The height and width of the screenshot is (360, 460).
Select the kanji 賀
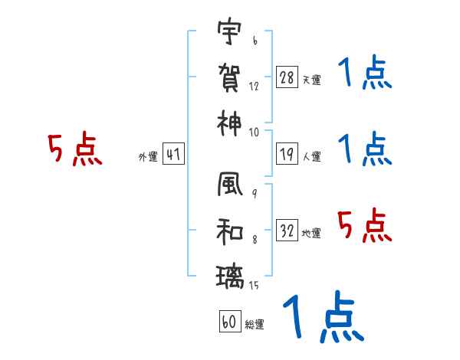(230, 77)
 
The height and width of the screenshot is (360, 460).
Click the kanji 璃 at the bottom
(230, 274)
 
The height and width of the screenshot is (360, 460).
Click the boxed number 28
(287, 77)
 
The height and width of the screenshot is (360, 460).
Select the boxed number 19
(287, 155)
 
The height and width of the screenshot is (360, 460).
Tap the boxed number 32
(287, 230)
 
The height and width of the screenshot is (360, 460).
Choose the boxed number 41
(174, 155)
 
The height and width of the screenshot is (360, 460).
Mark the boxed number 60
(229, 322)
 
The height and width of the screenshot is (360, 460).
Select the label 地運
(311, 233)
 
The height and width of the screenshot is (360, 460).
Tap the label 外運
(148, 157)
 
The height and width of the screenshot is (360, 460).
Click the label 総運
(254, 324)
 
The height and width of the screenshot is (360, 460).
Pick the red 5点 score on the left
(74, 149)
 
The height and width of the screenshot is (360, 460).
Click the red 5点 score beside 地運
(364, 226)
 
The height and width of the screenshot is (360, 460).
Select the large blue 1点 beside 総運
(322, 318)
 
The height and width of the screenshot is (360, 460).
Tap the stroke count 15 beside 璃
(254, 286)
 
